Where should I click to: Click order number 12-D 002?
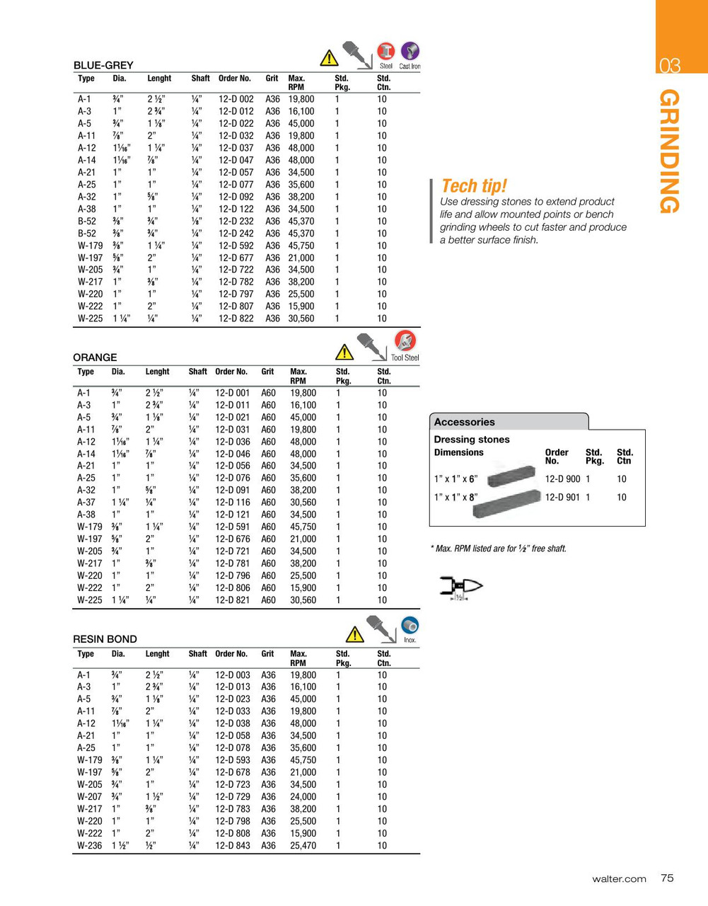click(x=236, y=100)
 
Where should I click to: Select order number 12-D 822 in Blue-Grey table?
click(x=236, y=319)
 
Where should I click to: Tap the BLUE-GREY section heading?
click(x=103, y=65)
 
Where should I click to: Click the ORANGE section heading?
click(x=95, y=357)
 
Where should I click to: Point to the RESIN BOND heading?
click(x=105, y=639)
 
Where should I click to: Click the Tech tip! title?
click(x=474, y=186)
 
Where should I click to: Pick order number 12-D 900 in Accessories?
click(x=562, y=479)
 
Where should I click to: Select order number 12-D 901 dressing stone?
click(x=562, y=498)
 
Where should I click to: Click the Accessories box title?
click(x=464, y=422)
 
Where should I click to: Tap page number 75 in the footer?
click(x=667, y=878)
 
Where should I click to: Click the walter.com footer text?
click(x=619, y=879)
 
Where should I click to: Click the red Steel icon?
click(x=386, y=52)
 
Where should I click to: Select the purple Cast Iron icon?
click(x=410, y=52)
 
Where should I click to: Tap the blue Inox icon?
click(x=410, y=626)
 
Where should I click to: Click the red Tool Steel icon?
click(x=405, y=341)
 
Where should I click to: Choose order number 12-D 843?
click(x=233, y=846)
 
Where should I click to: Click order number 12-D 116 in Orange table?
click(x=233, y=503)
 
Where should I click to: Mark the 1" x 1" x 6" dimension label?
click(x=455, y=479)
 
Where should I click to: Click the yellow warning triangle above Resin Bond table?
click(x=354, y=634)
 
